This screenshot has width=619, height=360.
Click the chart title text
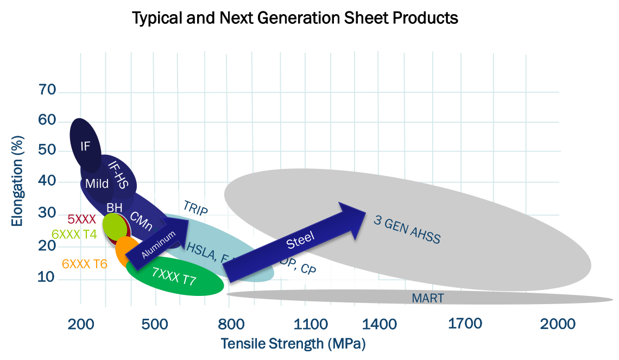pos(295,18)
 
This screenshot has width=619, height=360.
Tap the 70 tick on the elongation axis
pos(47,90)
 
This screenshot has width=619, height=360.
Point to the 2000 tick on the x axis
pos(558,324)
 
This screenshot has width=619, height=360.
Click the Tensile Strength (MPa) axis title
pos(293,344)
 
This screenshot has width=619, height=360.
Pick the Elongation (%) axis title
pos(17,185)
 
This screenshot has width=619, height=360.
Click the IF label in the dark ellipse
pos(85,146)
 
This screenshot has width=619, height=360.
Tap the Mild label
pos(97,184)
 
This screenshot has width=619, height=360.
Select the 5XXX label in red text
pos(81,219)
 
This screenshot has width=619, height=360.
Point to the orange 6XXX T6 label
pos(85,264)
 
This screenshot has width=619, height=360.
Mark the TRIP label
pos(195,209)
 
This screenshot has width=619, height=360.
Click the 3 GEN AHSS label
pos(407,229)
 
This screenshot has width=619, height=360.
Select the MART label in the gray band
pos(427,298)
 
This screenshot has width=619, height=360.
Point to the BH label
pos(114,207)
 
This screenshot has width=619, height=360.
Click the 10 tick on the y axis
pos(47,277)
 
